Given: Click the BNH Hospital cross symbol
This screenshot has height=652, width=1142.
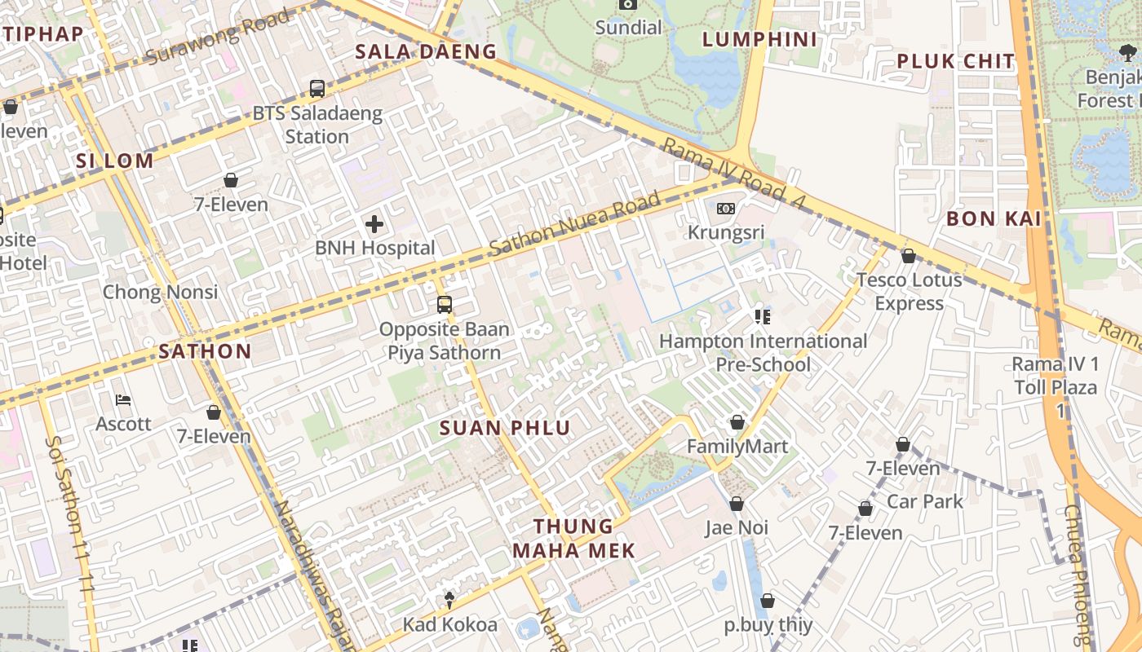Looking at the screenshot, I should [374, 223].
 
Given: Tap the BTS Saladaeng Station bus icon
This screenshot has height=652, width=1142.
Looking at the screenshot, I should [317, 89].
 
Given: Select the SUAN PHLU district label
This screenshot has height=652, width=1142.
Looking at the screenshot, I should [505, 428].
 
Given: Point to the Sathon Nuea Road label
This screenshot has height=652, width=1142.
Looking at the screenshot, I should [574, 226].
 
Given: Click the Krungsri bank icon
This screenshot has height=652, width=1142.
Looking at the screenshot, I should [725, 209].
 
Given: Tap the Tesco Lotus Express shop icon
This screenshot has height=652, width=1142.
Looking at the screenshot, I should [909, 257].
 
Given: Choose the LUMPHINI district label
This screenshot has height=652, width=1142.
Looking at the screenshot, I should [759, 39].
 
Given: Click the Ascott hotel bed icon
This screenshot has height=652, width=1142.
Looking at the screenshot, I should [123, 400].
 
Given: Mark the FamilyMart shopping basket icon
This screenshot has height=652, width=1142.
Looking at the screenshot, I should [737, 422].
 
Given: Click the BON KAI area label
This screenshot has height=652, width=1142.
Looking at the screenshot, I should [994, 218].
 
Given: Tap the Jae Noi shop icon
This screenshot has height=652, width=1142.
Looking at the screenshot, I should [737, 504].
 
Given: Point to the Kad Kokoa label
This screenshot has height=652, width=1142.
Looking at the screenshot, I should [449, 625].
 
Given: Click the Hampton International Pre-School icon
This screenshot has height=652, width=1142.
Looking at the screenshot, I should [763, 316].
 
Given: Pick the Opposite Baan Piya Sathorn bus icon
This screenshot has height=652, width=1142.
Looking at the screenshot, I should [445, 305].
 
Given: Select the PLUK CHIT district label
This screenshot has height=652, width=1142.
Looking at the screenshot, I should [955, 61].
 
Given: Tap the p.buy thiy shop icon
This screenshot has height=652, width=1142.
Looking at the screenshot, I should [768, 601].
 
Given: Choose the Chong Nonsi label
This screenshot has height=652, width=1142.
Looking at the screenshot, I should [160, 292].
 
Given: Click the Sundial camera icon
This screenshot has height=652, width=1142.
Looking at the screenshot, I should [627, 4].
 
